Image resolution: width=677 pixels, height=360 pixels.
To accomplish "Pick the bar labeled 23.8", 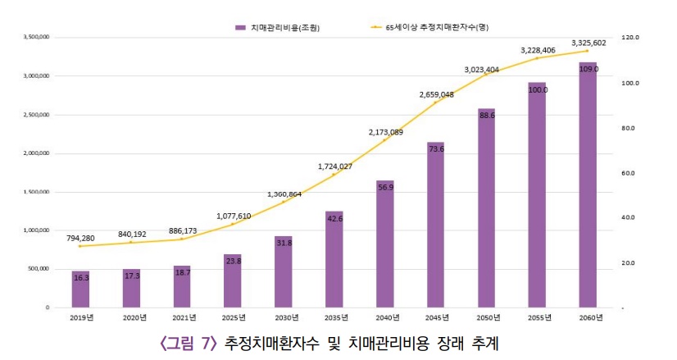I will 233,280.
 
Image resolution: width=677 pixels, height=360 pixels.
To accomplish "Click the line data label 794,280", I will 80,238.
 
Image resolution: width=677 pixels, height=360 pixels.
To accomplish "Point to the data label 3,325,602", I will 588,43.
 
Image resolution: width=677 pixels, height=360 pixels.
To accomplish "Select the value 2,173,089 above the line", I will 386,132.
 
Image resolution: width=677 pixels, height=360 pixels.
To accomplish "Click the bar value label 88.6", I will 487,116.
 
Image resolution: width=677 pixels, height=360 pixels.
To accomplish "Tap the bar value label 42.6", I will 334,219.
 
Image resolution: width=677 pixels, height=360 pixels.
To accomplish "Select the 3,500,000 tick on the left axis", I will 38,37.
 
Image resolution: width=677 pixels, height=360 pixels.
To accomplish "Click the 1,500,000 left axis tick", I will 38,192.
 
